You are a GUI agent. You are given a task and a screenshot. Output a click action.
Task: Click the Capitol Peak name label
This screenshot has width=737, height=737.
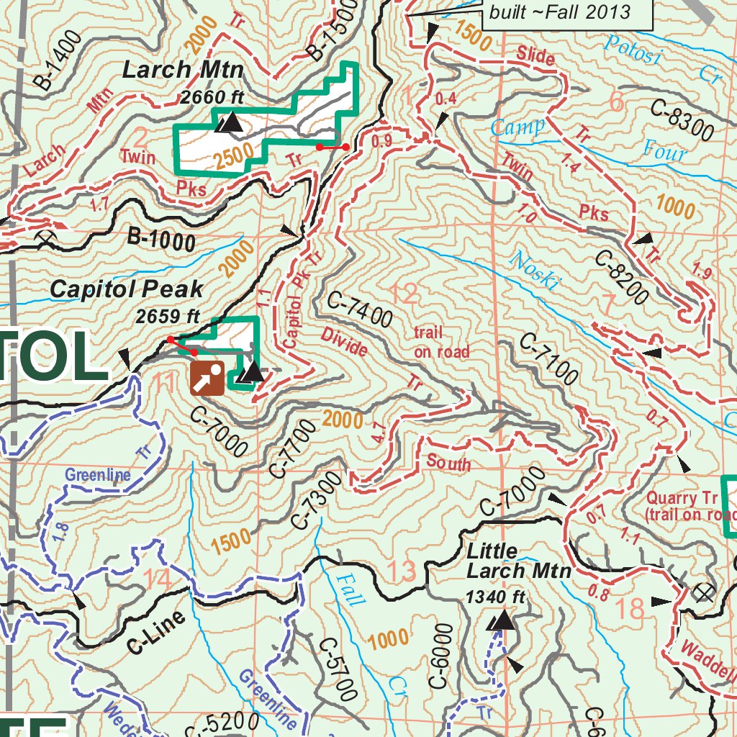(x=126, y=289)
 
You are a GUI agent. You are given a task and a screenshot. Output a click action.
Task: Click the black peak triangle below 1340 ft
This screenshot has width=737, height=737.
(x=502, y=620)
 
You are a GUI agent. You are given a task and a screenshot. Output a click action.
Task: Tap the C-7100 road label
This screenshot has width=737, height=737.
(x=548, y=359)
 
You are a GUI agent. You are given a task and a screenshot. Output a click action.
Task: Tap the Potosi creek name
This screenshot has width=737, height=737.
(x=632, y=50)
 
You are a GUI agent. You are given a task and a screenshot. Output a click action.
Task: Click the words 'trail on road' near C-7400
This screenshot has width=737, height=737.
(x=441, y=343)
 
